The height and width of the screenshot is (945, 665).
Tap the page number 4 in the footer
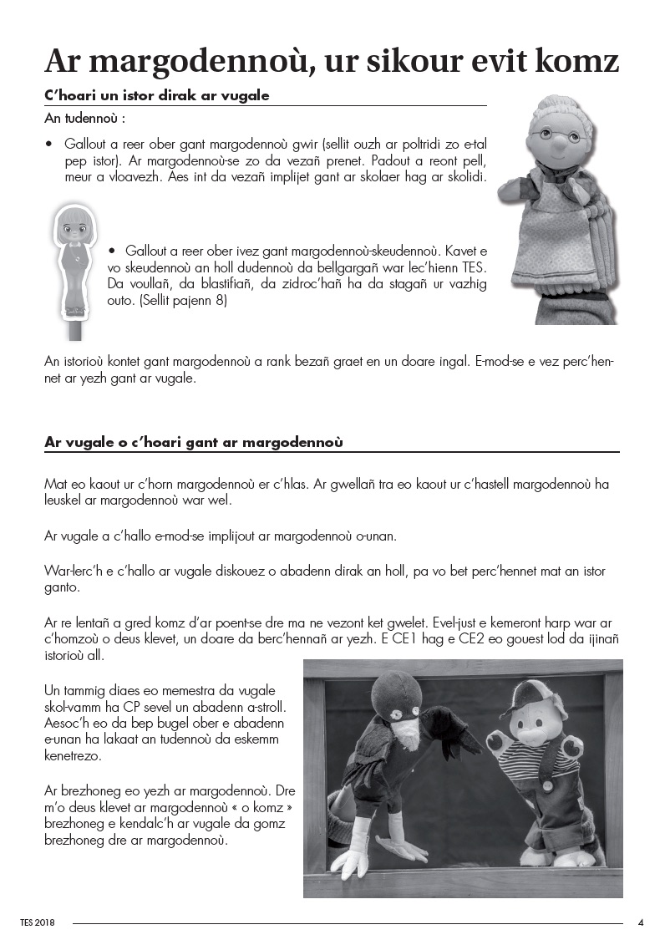coord(641,922)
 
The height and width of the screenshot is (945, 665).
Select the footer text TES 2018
coord(38,923)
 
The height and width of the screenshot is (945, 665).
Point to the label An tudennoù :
coord(84,119)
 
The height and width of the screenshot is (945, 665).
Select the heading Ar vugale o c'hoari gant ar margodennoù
coord(194,442)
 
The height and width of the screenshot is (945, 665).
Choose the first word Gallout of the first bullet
coord(85,144)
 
